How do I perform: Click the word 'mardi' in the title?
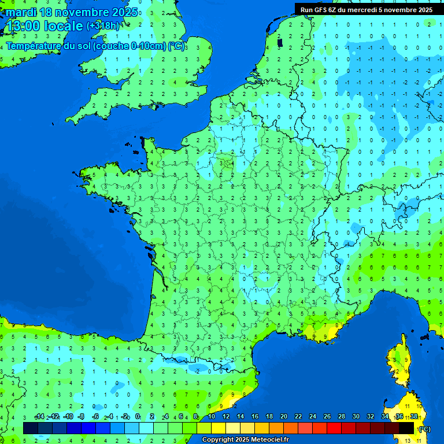pyautogui.click(x=21, y=12)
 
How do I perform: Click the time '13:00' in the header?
pyautogui.click(x=24, y=26)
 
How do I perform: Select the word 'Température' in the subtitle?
pyautogui.click(x=35, y=46)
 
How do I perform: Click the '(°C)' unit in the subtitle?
pyautogui.click(x=176, y=46)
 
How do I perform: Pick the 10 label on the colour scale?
pyautogui.click(x=212, y=417)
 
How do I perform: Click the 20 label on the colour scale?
pyautogui.click(x=283, y=417)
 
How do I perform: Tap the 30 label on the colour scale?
pyautogui.click(x=356, y=417)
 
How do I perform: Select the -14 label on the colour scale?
pyautogui.click(x=39, y=417)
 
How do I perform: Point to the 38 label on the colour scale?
pyautogui.click(x=413, y=417)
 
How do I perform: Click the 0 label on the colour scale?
pyautogui.click(x=138, y=417)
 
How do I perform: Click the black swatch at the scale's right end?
pyautogui.click(x=406, y=428)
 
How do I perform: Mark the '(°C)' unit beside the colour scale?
pyautogui.click(x=424, y=429)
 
